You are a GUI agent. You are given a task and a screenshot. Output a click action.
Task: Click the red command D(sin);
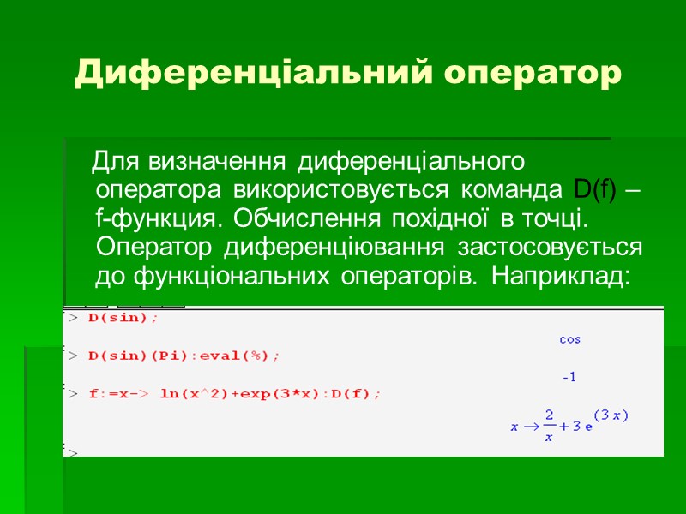coord(123,317)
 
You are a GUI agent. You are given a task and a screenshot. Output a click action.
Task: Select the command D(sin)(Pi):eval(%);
coord(184,355)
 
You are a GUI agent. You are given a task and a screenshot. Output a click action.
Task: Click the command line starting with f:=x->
coord(235,393)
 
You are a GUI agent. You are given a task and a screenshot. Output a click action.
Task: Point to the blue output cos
coord(569,339)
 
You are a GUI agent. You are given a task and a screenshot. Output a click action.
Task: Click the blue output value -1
coord(569,377)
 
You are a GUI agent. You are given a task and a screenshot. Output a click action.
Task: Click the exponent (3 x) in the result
coord(611,415)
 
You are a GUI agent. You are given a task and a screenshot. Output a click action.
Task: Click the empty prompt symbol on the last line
coord(73,452)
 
